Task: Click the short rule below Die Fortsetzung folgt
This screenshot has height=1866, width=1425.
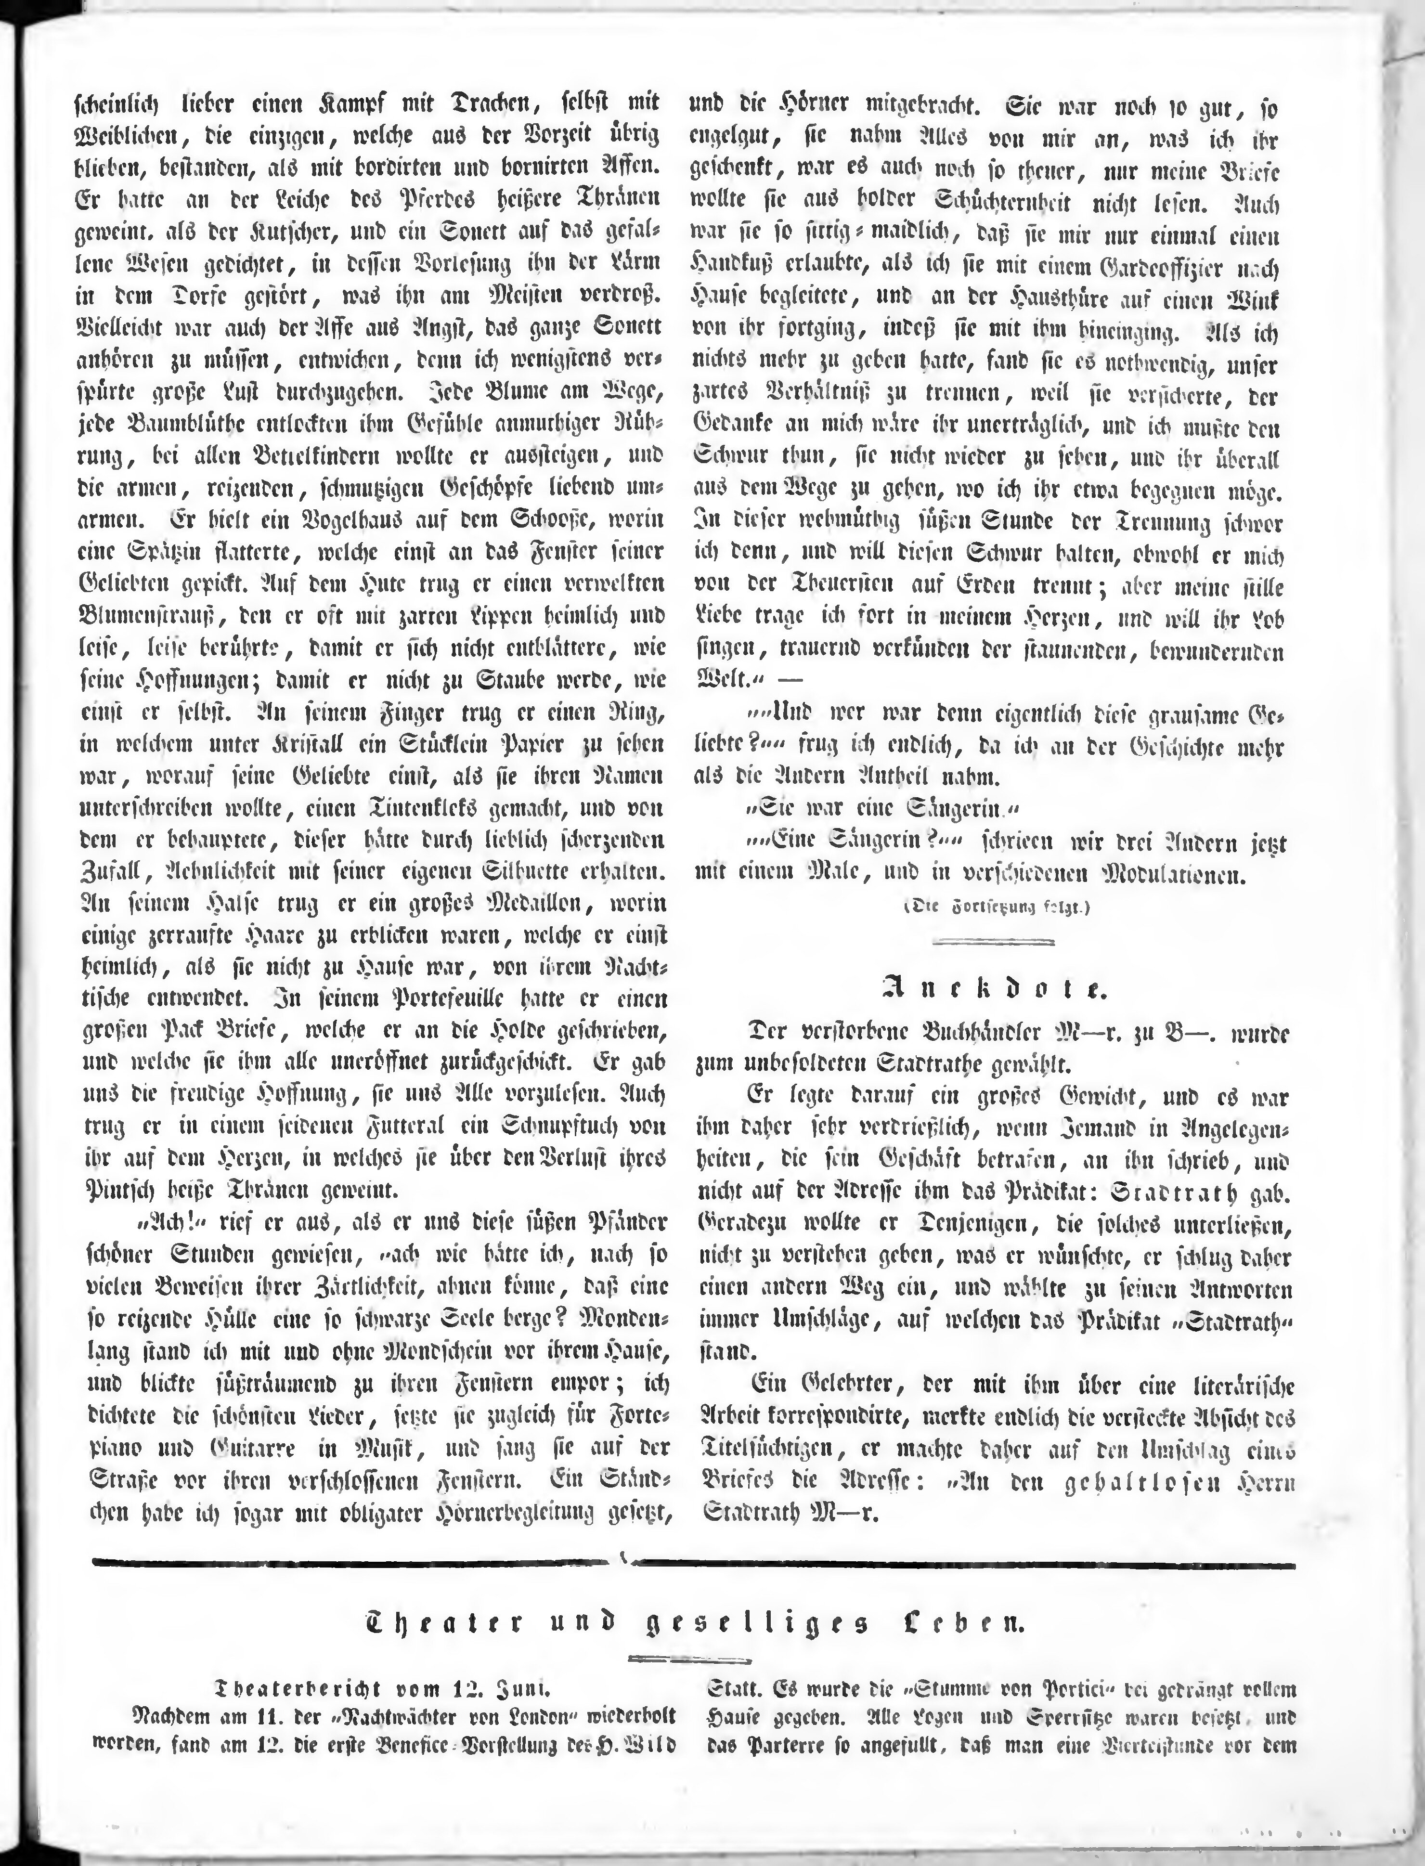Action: pos(993,942)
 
